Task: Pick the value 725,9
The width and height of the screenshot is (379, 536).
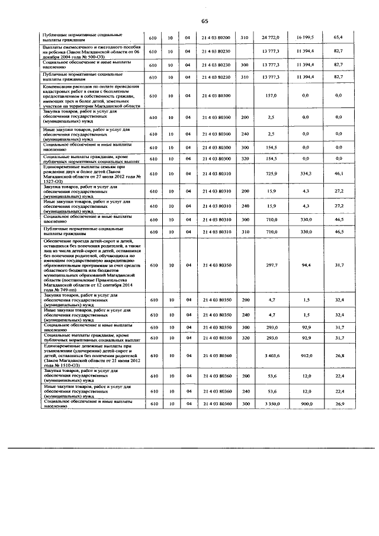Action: click(x=272, y=174)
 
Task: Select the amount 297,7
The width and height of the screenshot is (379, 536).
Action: click(x=272, y=265)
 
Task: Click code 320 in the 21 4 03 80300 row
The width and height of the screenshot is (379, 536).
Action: click(x=244, y=159)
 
